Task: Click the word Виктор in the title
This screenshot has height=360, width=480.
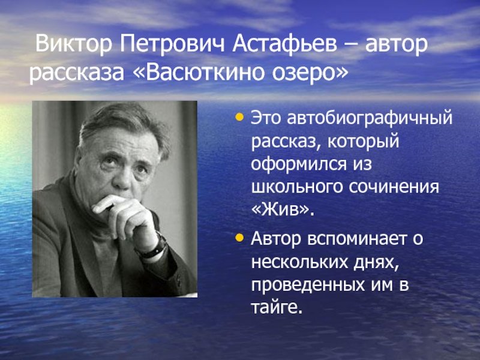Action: click(74, 44)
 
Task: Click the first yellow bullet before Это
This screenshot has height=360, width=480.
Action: click(239, 117)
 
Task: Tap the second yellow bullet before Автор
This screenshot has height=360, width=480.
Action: click(239, 238)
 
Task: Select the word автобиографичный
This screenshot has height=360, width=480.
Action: click(370, 119)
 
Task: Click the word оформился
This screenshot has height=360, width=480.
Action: click(298, 164)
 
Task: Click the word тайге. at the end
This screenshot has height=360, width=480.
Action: click(277, 308)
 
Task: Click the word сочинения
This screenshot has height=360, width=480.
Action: click(394, 187)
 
